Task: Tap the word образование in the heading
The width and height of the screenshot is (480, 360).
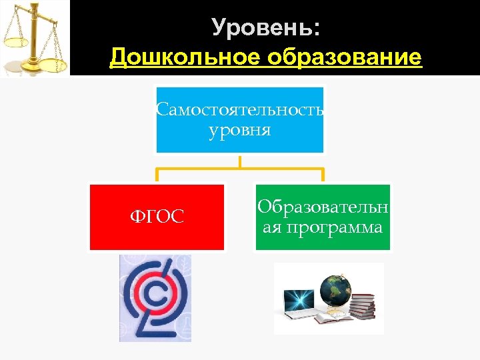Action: [344, 57]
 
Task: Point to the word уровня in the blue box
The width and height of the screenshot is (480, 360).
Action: [240, 129]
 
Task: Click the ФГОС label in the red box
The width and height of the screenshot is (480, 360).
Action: [157, 217]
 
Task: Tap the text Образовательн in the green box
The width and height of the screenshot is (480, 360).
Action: [323, 206]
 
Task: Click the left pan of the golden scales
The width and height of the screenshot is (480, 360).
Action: [14, 42]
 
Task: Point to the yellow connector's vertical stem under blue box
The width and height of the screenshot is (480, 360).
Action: [239, 161]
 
